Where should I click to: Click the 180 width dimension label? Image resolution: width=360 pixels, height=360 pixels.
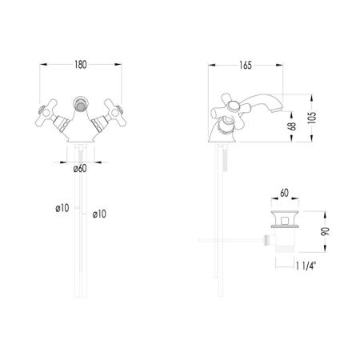tap(81, 65)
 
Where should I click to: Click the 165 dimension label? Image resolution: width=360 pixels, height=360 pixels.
tap(246, 66)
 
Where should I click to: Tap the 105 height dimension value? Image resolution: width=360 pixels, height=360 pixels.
tap(311, 118)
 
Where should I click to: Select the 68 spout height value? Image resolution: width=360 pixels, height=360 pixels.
tap(292, 126)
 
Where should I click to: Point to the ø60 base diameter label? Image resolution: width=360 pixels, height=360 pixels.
tap(80, 169)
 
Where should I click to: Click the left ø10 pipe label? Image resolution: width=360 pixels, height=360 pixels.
tap(62, 208)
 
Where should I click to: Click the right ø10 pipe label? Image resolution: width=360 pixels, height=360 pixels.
tap(99, 214)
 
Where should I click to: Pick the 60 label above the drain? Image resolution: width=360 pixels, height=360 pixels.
tap(284, 193)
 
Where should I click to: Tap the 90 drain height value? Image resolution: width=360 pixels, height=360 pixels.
tap(325, 231)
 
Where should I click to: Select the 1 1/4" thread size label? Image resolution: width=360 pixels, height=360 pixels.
tap(306, 266)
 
